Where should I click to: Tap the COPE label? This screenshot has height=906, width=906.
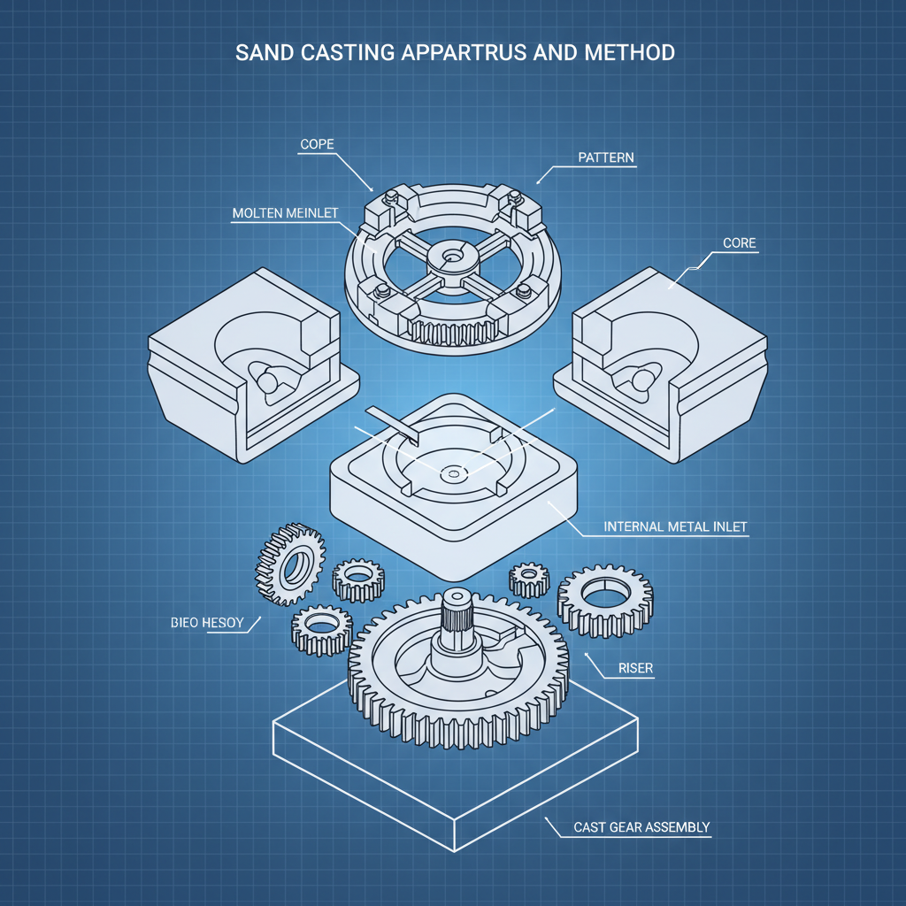pyautogui.click(x=317, y=142)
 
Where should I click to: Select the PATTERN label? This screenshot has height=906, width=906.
pyautogui.click(x=606, y=157)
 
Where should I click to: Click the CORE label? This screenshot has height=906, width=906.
pyautogui.click(x=740, y=242)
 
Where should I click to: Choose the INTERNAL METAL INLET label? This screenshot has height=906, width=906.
pyautogui.click(x=675, y=526)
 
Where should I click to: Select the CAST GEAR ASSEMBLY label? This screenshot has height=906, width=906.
pyautogui.click(x=641, y=827)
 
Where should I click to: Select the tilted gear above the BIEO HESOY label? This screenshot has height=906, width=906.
pyautogui.click(x=289, y=563)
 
